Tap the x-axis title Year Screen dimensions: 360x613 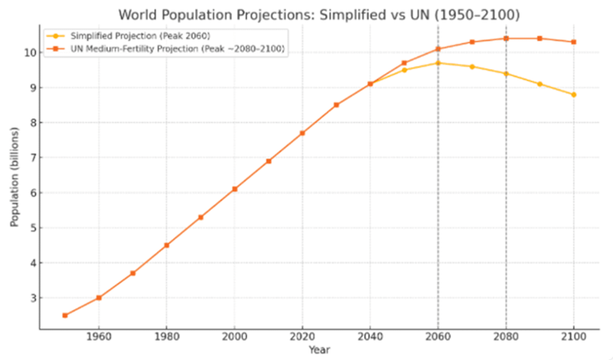pyautogui.click(x=319, y=350)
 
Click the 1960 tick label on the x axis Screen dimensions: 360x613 pyautogui.click(x=99, y=336)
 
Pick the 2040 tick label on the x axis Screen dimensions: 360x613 pyautogui.click(x=370, y=336)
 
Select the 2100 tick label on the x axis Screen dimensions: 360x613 pyautogui.click(x=574, y=336)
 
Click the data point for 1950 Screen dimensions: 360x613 pyautogui.click(x=65, y=315)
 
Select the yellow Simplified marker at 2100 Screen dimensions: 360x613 pyautogui.click(x=574, y=95)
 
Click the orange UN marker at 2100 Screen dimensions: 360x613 pyautogui.click(x=574, y=42)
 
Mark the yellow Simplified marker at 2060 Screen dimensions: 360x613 pyautogui.click(x=438, y=62)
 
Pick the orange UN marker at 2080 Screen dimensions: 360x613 pyautogui.click(x=506, y=38)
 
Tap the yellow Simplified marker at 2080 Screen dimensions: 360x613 pyautogui.click(x=506, y=74)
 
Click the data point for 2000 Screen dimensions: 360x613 pyautogui.click(x=234, y=189)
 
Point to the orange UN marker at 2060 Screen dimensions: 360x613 pyautogui.click(x=438, y=49)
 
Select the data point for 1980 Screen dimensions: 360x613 pyautogui.click(x=166, y=245)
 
